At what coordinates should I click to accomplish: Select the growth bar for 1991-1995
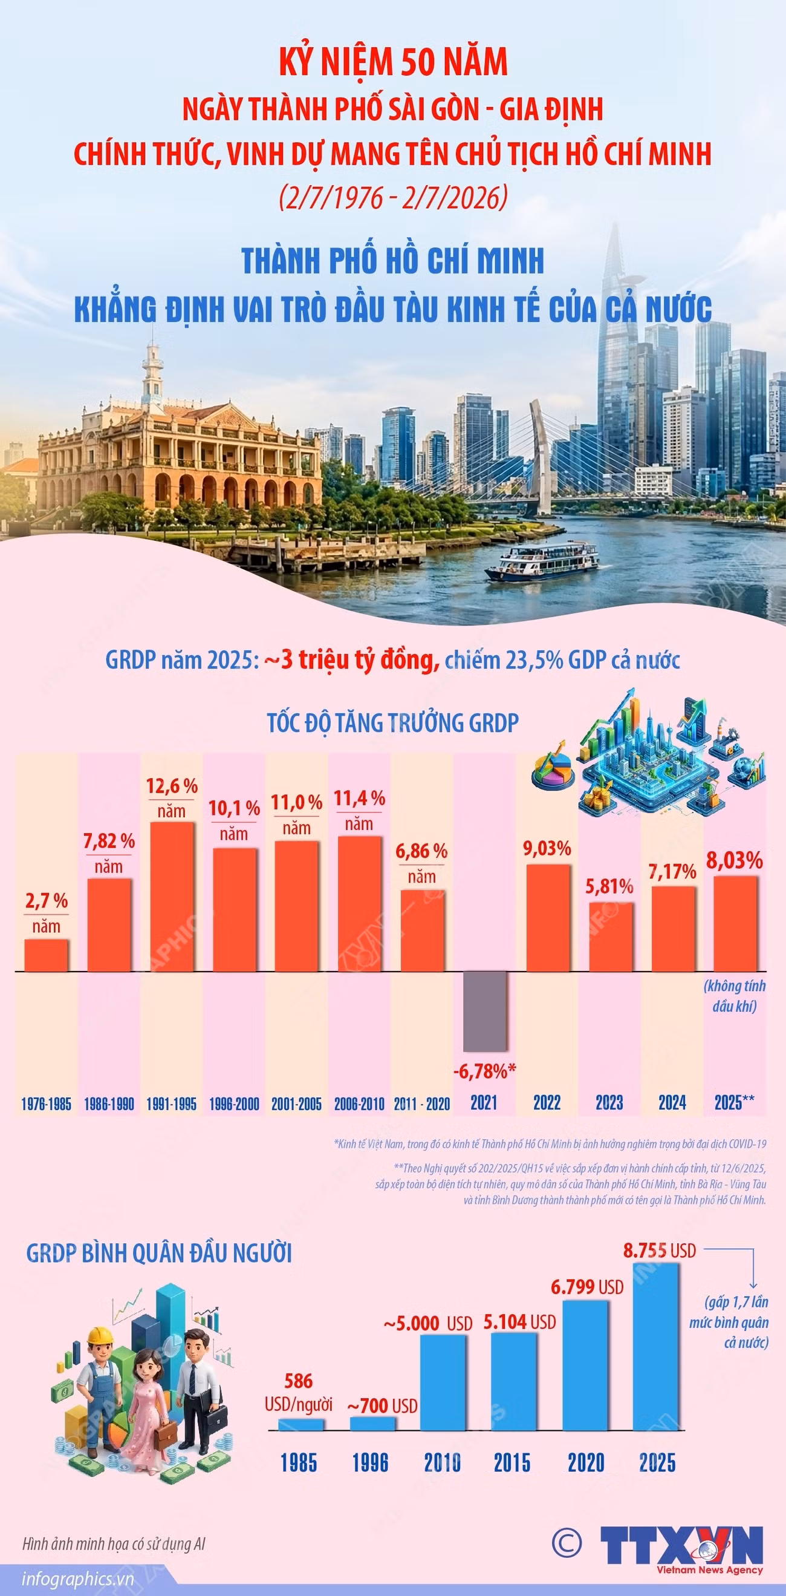[172, 897]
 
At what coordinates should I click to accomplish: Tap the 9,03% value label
[547, 848]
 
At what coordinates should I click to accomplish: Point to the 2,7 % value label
[47, 901]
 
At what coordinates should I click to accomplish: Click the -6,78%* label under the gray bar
[485, 1071]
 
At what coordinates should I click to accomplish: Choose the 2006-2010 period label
[359, 1104]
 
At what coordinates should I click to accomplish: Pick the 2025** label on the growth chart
[735, 1102]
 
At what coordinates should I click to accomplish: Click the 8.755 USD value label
[660, 1251]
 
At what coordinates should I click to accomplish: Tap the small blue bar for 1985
[301, 1424]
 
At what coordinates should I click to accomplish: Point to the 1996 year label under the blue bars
[370, 1463]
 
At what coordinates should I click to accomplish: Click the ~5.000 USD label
[428, 1324]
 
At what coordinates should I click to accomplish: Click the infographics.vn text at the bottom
[78, 1579]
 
